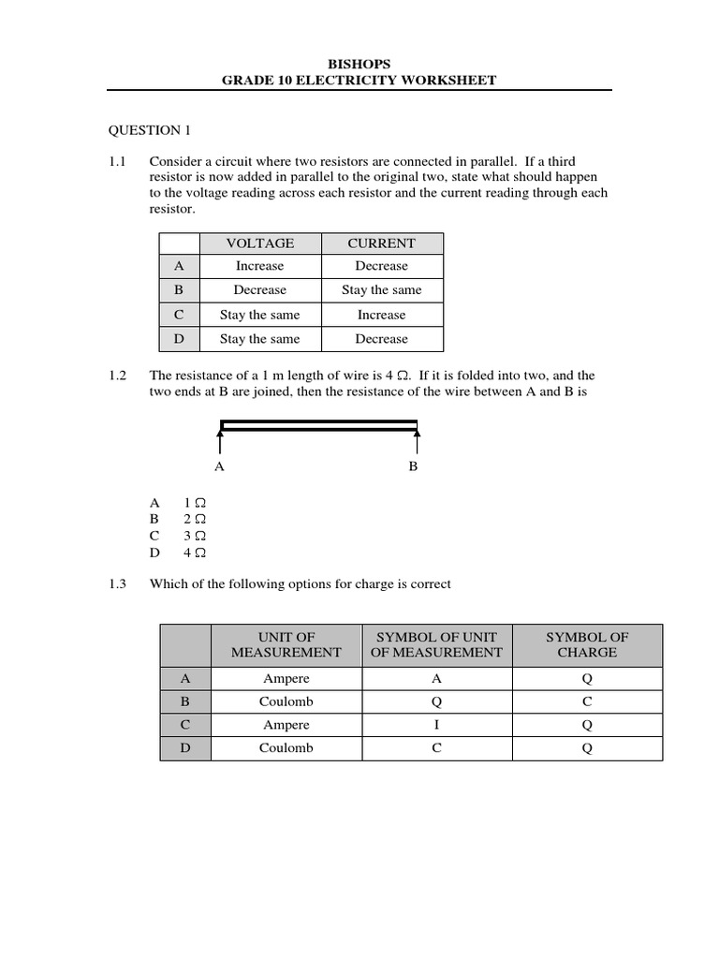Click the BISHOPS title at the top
point(359,64)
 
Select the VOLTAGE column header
point(259,243)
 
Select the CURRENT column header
point(381,243)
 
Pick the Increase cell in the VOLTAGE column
point(259,267)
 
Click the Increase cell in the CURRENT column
point(381,316)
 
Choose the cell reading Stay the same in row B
point(381,290)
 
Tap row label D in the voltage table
point(178,339)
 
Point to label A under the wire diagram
point(220,466)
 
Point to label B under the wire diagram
point(413,466)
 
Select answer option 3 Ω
point(194,536)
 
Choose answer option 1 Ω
point(194,502)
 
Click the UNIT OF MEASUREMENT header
point(286,644)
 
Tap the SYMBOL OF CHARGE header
point(587,644)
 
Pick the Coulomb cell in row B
point(286,701)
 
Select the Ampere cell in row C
point(286,725)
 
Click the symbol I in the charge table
point(436,725)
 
